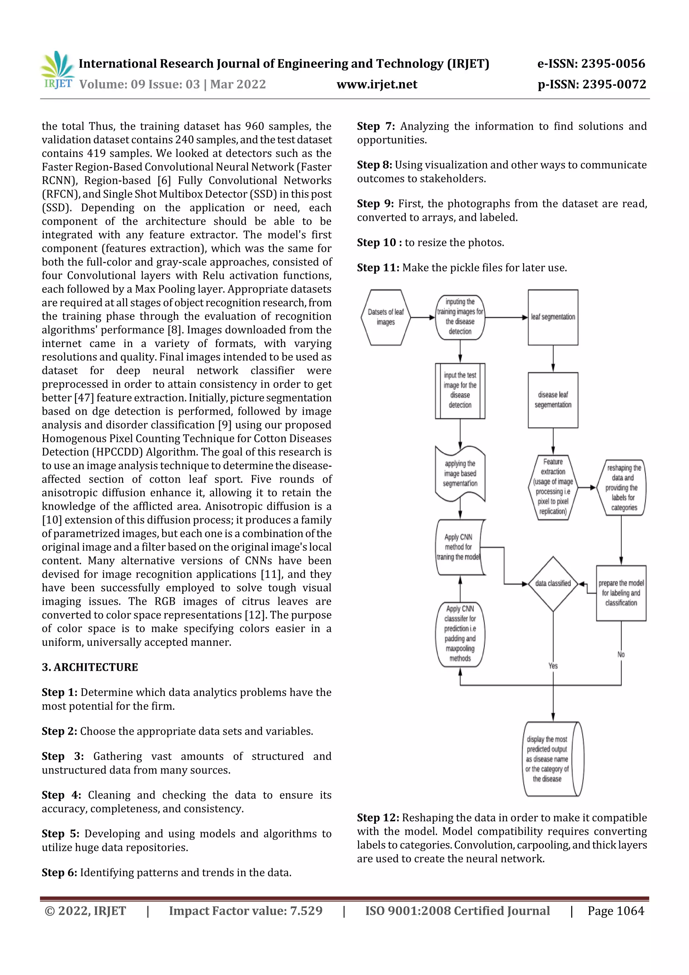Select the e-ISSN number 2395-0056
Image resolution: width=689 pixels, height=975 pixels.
pos(613,64)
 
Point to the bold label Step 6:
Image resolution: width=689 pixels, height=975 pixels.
pos(60,872)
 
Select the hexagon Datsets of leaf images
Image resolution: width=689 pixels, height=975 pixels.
pos(386,317)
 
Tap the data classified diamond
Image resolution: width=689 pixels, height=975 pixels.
pos(553,584)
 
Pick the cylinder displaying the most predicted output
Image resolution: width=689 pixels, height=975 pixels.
pos(552,759)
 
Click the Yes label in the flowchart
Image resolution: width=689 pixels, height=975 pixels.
pos(553,665)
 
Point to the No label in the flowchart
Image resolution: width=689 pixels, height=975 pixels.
pos(621,654)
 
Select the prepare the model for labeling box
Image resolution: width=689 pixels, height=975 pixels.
pos(621,593)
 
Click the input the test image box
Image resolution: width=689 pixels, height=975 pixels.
pos(460,391)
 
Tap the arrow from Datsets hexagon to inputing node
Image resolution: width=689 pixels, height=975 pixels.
pos(423,317)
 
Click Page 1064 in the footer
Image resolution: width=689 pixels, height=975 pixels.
pos(616,911)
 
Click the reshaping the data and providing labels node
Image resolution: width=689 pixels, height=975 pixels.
pos(623,487)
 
